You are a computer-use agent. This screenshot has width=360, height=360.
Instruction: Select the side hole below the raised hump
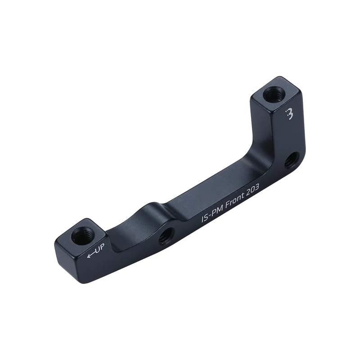166,235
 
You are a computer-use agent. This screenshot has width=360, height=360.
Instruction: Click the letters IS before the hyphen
204,220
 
